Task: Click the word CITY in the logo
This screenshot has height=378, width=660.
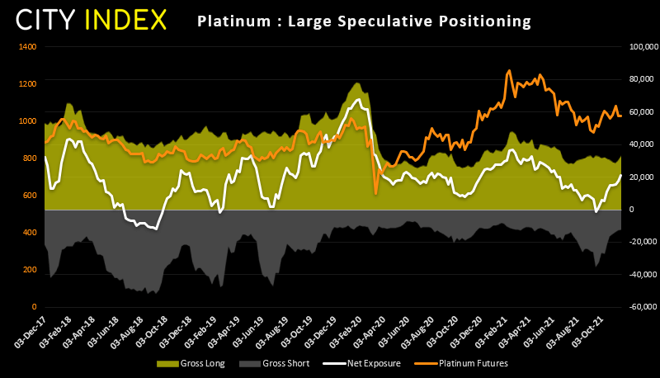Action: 52,20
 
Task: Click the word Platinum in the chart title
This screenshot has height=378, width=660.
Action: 227,20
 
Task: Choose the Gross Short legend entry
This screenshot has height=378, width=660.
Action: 263,363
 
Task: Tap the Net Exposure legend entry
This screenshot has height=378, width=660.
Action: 346,363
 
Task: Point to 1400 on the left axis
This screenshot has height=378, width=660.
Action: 27,46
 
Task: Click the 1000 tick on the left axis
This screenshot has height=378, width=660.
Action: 27,120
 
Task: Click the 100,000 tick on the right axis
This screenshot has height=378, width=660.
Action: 642,47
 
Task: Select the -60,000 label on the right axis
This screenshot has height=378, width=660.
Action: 642,307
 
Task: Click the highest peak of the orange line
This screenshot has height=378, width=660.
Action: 509,71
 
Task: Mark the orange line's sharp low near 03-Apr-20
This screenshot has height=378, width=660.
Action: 376,193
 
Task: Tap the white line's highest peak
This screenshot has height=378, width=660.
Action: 358,100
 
